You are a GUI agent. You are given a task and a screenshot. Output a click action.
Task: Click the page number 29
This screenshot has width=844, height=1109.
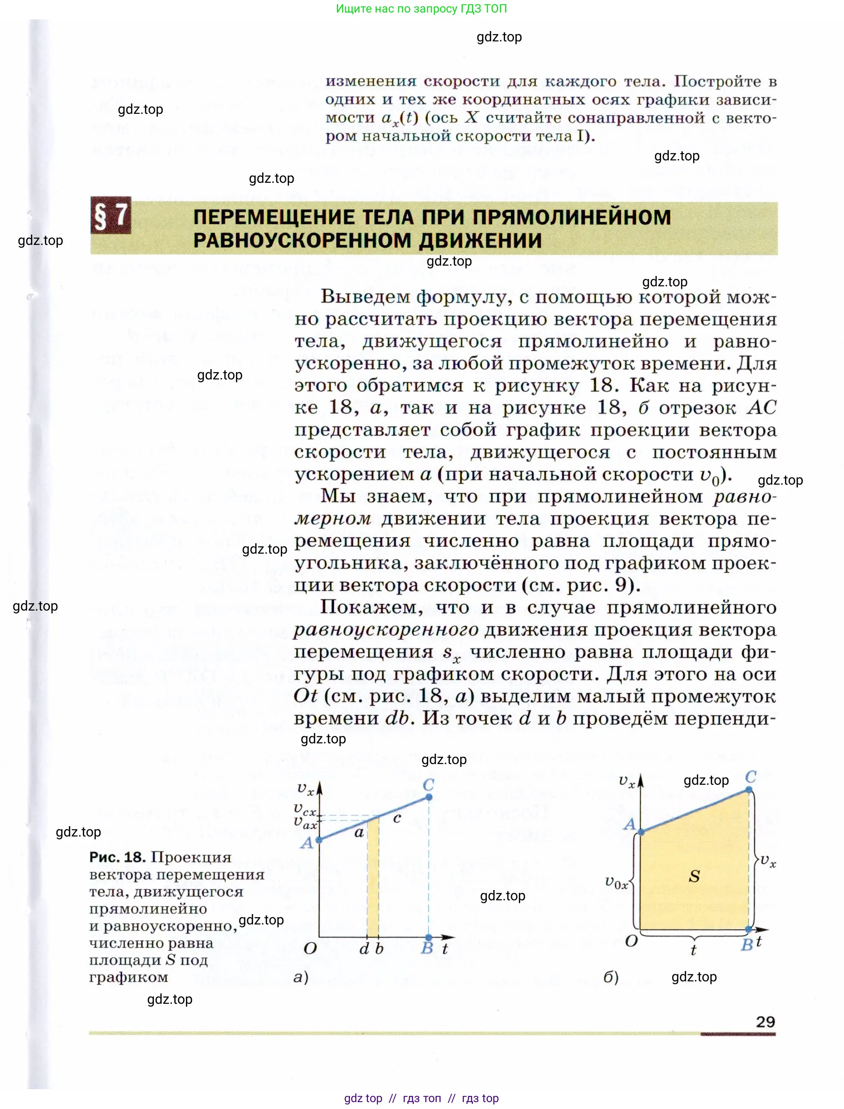tap(765, 1021)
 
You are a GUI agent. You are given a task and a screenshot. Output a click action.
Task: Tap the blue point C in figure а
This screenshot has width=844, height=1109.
tap(429, 796)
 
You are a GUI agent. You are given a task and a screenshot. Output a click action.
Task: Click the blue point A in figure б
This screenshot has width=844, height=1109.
tap(641, 833)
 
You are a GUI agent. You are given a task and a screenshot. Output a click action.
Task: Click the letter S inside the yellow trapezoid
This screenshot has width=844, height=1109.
tap(694, 877)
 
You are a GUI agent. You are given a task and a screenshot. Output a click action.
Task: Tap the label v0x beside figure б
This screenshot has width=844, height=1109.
tap(616, 883)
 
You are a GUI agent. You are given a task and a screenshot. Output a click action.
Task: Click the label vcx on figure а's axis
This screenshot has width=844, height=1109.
tap(305, 809)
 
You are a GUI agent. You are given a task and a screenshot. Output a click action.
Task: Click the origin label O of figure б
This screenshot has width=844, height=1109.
tap(631, 941)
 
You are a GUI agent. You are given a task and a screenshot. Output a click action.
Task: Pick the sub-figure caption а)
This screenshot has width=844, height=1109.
tap(301, 977)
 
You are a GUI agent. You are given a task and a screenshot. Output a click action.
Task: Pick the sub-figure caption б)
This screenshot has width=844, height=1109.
tap(610, 977)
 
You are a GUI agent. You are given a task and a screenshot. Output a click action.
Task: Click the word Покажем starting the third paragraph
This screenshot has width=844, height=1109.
tap(371, 607)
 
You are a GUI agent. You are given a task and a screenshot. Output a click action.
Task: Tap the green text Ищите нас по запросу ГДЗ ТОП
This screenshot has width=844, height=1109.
tap(421, 9)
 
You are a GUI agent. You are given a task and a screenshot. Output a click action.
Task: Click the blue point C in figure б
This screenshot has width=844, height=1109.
tap(749, 789)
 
